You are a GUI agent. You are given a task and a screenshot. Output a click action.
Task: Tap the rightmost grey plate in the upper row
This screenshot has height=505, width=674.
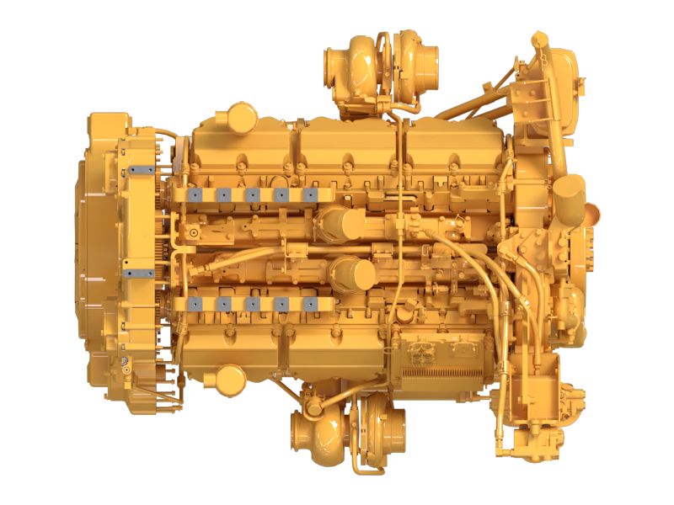pos(310,194)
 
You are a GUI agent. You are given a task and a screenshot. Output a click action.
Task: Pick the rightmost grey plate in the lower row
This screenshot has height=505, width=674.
pos(310,303)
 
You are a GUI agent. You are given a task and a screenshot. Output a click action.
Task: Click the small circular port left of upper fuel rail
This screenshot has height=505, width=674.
pos(194,232)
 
